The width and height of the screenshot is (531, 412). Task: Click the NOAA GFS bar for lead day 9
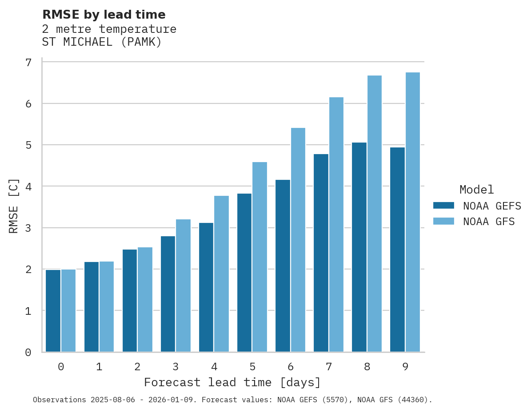tap(412, 212)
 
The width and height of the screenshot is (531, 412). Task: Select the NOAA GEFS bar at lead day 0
tap(53, 311)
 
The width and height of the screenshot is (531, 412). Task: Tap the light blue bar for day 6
tap(298, 240)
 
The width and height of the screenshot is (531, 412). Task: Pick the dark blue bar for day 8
tap(359, 247)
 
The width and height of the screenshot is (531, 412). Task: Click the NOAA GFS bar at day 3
tap(183, 285)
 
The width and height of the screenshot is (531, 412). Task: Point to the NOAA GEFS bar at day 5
tap(244, 273)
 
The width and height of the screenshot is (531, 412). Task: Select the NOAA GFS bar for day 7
tap(336, 225)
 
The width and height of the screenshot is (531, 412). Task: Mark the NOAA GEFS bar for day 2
tap(130, 301)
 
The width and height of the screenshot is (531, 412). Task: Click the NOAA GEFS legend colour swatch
tap(443, 206)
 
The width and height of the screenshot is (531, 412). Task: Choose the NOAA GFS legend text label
tap(489, 222)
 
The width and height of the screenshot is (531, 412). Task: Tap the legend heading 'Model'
tap(476, 190)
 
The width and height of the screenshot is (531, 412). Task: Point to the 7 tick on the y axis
tap(28, 63)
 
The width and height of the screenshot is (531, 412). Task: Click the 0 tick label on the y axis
tap(28, 353)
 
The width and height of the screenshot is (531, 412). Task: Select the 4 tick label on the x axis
tap(214, 367)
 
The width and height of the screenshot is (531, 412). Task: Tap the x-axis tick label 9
tap(405, 367)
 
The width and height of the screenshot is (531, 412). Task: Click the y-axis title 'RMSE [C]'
tap(14, 206)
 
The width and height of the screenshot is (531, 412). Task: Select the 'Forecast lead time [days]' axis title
tap(232, 382)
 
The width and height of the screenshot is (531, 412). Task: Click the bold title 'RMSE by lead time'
tap(104, 15)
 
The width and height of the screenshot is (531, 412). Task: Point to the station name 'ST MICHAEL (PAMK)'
tap(102, 42)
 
